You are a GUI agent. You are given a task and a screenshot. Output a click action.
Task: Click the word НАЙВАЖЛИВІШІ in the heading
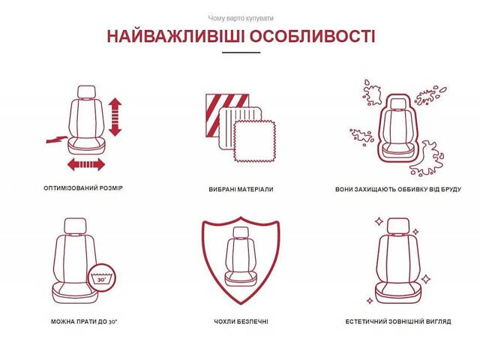[169, 37]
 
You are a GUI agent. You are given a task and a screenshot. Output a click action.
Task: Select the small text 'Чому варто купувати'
[240, 17]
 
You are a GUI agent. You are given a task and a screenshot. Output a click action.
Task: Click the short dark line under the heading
[240, 52]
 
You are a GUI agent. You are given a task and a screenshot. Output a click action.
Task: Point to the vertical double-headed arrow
[115, 115]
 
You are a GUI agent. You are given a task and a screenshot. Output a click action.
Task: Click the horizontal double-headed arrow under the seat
[86, 163]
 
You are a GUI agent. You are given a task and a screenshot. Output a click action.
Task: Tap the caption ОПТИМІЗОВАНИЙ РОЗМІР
[83, 188]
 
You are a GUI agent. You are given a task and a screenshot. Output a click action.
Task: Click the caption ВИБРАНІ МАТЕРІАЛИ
[241, 190]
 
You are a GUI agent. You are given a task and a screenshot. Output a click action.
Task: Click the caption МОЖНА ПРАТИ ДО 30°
[83, 321]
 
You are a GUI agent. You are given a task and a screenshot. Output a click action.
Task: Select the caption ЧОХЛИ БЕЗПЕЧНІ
[241, 321]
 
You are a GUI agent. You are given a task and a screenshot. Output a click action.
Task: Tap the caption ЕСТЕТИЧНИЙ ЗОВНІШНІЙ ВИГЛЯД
[397, 321]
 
